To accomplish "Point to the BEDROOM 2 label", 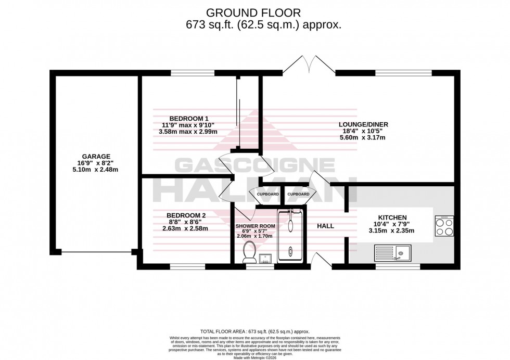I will point(186,215).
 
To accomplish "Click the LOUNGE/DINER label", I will point(364,124).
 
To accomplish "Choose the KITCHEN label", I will point(393,217).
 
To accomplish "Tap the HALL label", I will point(325,226).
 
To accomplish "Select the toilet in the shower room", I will point(249,251).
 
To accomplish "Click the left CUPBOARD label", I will point(267,194).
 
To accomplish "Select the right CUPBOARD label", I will point(298,194).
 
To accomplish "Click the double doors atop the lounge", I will point(310,66).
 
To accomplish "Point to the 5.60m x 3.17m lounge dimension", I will point(364,138).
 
